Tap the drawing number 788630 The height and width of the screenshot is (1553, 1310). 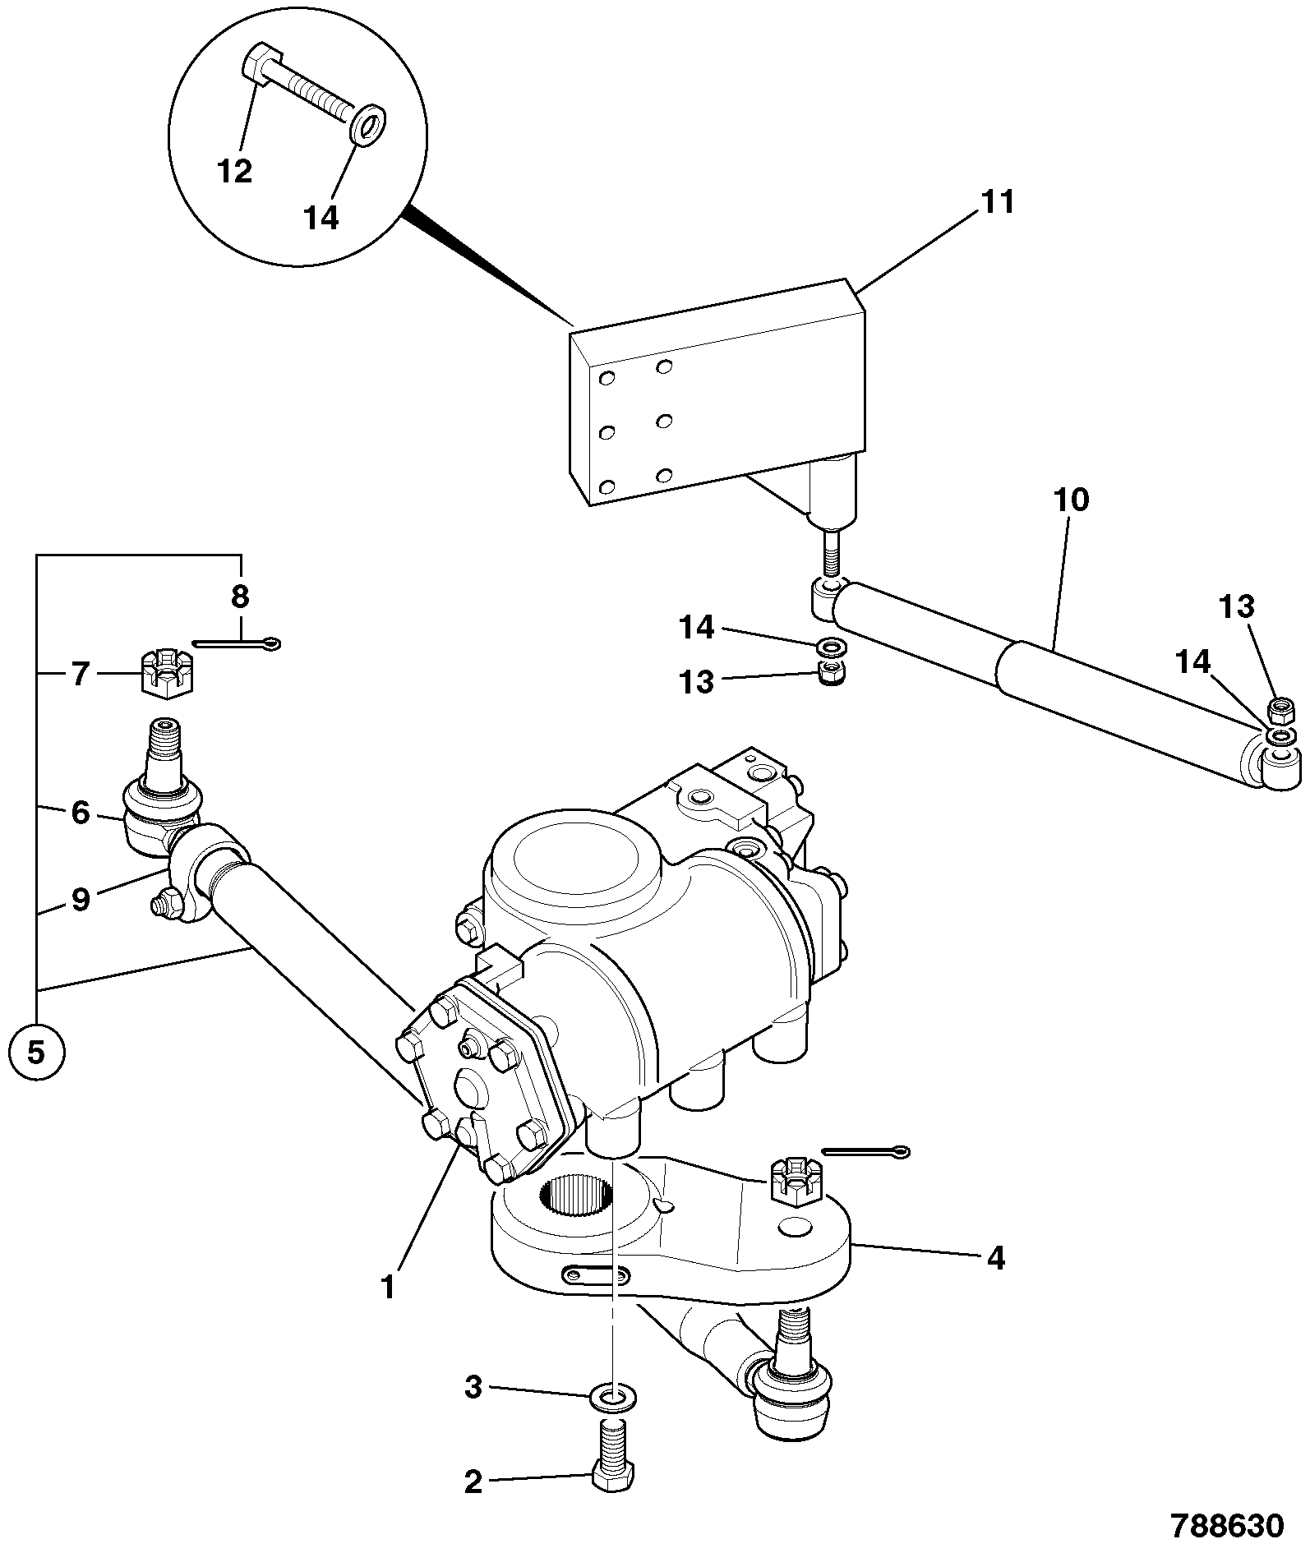(x=1226, y=1525)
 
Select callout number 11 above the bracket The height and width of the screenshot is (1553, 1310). (x=998, y=202)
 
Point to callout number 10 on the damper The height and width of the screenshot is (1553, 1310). (x=1070, y=500)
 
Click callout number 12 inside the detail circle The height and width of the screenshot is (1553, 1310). (x=235, y=171)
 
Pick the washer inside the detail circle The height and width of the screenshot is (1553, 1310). (x=369, y=123)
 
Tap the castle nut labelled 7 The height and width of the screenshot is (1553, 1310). (x=167, y=672)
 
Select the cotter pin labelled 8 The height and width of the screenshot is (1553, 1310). (x=237, y=643)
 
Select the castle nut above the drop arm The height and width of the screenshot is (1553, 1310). (x=791, y=1182)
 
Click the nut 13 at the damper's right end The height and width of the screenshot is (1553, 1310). (x=1282, y=707)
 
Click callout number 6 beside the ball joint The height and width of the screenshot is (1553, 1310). (x=80, y=813)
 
